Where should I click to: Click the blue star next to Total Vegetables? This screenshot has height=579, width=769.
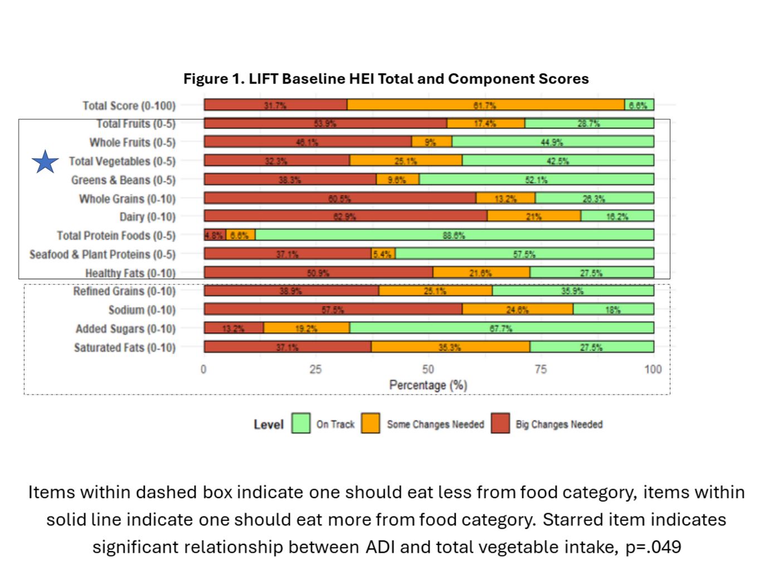point(45,162)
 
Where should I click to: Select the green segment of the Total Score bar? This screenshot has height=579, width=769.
point(639,105)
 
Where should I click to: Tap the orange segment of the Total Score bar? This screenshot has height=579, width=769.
point(485,105)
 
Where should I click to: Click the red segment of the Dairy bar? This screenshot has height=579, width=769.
point(345,216)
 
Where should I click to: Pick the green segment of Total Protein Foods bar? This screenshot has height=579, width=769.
point(454,235)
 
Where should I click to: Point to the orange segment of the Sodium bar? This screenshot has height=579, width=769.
point(517,309)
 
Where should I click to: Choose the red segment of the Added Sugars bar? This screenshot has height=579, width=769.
point(233,328)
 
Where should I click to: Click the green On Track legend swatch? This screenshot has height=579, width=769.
point(301,423)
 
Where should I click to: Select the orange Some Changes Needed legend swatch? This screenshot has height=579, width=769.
point(371,423)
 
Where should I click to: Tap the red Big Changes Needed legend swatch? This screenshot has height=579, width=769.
point(500,423)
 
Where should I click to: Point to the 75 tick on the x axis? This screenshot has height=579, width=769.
point(541,369)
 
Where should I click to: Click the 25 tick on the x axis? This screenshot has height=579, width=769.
point(315,369)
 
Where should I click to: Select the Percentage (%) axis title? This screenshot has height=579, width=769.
point(428,385)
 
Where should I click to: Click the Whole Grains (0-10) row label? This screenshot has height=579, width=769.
point(127,199)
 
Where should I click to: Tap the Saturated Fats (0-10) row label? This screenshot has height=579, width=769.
point(125,348)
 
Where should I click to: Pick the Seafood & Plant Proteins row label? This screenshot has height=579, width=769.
point(103,254)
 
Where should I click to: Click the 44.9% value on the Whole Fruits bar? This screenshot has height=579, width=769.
point(552,142)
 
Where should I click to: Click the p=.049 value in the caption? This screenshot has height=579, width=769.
point(653,547)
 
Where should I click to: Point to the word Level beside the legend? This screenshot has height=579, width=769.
point(269,424)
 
